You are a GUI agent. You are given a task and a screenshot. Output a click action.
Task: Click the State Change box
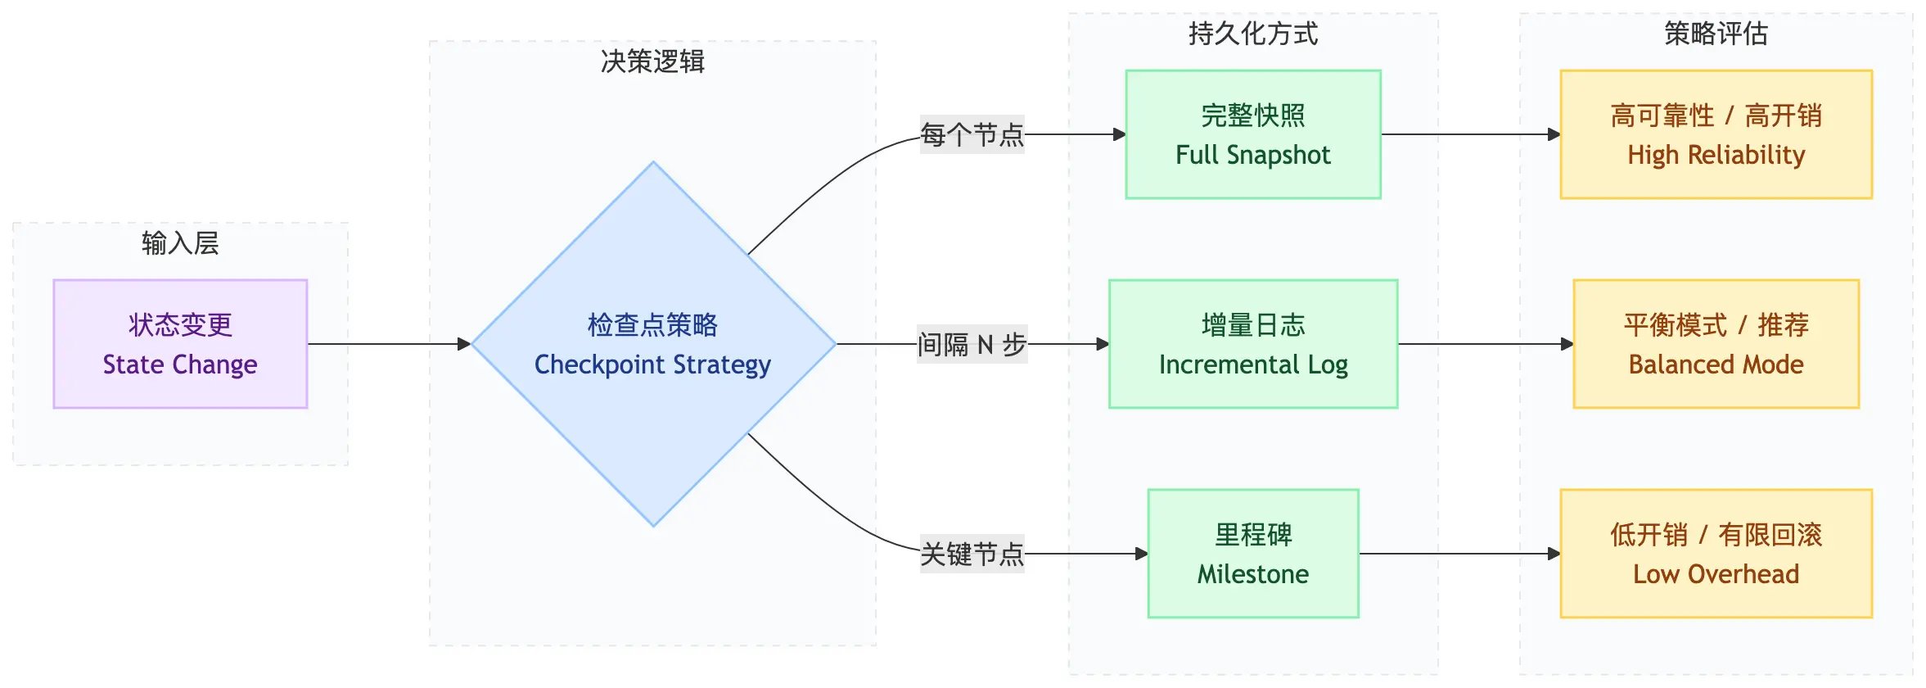(x=180, y=344)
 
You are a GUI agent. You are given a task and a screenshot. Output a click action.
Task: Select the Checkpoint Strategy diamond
(x=652, y=344)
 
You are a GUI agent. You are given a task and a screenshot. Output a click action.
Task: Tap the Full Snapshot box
(x=1252, y=134)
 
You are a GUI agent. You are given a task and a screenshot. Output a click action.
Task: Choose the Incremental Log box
(x=1252, y=344)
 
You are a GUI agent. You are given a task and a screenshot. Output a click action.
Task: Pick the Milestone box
(x=1252, y=554)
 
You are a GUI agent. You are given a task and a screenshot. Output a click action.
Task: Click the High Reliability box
(x=1716, y=134)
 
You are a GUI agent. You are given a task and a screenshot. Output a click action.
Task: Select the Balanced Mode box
(x=1716, y=344)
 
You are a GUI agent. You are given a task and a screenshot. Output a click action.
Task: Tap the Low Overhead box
(x=1716, y=554)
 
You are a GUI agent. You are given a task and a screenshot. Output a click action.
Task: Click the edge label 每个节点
(x=972, y=134)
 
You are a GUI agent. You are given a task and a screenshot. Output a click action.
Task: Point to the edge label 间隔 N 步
(x=972, y=344)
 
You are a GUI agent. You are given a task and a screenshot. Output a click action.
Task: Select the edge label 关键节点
(x=972, y=554)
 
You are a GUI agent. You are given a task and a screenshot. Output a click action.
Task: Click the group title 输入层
(x=180, y=243)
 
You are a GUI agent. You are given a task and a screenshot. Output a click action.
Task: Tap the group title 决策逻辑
(x=652, y=61)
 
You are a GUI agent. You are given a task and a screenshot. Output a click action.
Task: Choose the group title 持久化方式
(x=1252, y=34)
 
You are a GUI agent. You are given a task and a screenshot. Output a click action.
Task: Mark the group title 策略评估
(x=1716, y=34)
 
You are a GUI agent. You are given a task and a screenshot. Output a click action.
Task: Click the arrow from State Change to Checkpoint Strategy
(x=389, y=344)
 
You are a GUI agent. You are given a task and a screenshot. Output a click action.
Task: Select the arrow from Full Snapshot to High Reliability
(x=1469, y=134)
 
